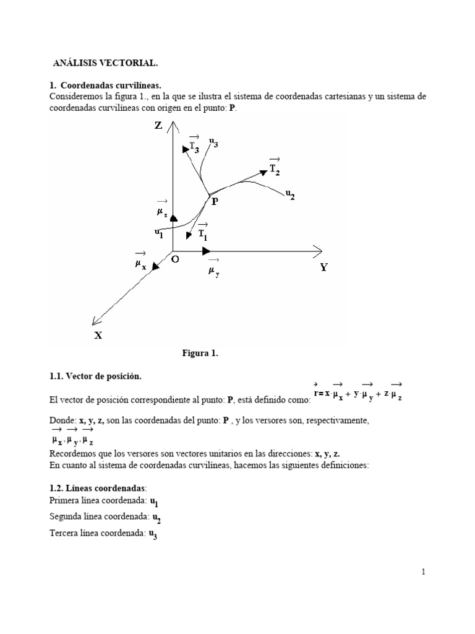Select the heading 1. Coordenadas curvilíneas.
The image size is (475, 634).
pyautogui.click(x=105, y=85)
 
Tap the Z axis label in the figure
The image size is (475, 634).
pyautogui.click(x=158, y=125)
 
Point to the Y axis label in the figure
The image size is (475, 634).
pyautogui.click(x=323, y=267)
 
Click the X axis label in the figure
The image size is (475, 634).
pyautogui.click(x=98, y=335)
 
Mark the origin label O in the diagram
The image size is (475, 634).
pyautogui.click(x=175, y=259)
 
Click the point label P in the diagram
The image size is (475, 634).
pyautogui.click(x=215, y=201)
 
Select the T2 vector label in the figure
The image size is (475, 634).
pyautogui.click(x=275, y=168)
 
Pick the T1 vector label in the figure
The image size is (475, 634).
pyautogui.click(x=203, y=233)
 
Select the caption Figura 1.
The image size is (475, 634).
pyautogui.click(x=200, y=353)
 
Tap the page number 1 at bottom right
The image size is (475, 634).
pyautogui.click(x=423, y=572)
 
